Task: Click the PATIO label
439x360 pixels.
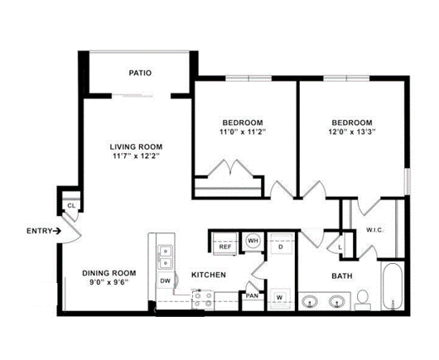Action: click(x=140, y=73)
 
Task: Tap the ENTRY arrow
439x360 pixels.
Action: click(x=57, y=231)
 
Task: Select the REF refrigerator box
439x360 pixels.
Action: click(x=225, y=243)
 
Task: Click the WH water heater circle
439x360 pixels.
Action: click(x=253, y=241)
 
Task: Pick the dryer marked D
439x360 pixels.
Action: click(x=281, y=245)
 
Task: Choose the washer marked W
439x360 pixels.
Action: click(x=279, y=298)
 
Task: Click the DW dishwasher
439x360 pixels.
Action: click(x=166, y=281)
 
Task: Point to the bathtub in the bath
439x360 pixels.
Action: click(x=393, y=286)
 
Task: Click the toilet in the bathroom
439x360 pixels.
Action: click(x=363, y=300)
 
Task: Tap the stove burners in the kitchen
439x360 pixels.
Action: click(x=203, y=300)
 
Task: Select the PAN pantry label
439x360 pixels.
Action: click(x=252, y=295)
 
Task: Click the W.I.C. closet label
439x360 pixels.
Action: click(x=374, y=231)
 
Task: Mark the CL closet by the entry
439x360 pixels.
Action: click(x=71, y=205)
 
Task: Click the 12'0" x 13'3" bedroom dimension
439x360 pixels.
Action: click(x=352, y=132)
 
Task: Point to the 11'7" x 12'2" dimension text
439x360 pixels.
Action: click(x=136, y=156)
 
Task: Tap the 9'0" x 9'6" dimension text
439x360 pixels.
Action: click(x=109, y=282)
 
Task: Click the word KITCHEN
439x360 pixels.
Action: click(x=209, y=275)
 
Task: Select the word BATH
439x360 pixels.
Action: click(x=342, y=276)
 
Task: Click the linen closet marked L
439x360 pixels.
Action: click(x=340, y=247)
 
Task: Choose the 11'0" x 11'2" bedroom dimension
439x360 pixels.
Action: click(x=243, y=132)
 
